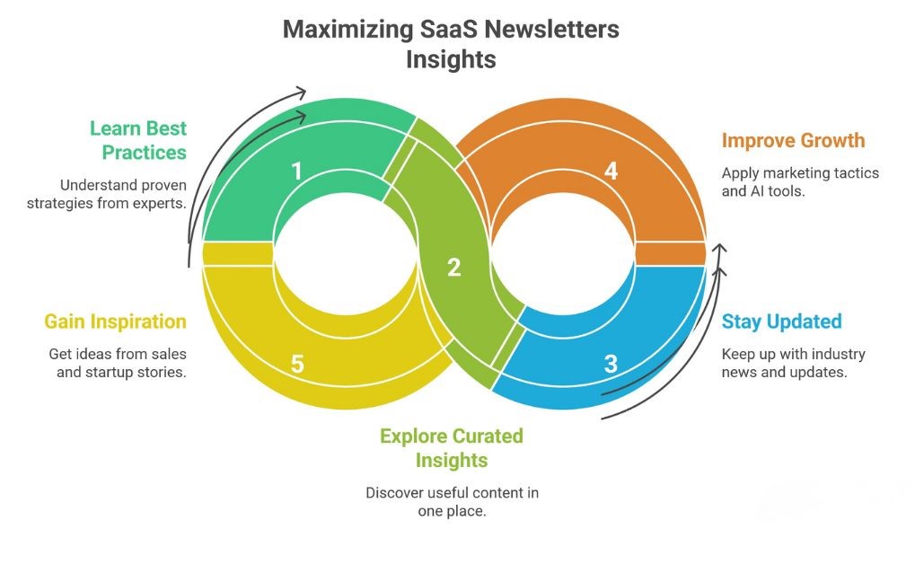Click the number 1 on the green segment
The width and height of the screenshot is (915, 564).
tap(297, 171)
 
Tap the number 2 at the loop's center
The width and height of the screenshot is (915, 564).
tap(453, 267)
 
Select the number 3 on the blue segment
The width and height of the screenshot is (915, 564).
tap(611, 364)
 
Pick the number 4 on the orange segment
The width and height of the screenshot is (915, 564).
tap(611, 171)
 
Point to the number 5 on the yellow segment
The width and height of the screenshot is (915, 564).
tap(297, 364)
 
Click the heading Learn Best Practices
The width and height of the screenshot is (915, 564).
tap(138, 139)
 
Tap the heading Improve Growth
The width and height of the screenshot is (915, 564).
tap(793, 141)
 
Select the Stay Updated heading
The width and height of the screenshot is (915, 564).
tap(781, 322)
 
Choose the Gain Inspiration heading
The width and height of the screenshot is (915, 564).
tap(116, 322)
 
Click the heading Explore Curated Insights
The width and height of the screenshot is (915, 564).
tap(451, 448)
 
